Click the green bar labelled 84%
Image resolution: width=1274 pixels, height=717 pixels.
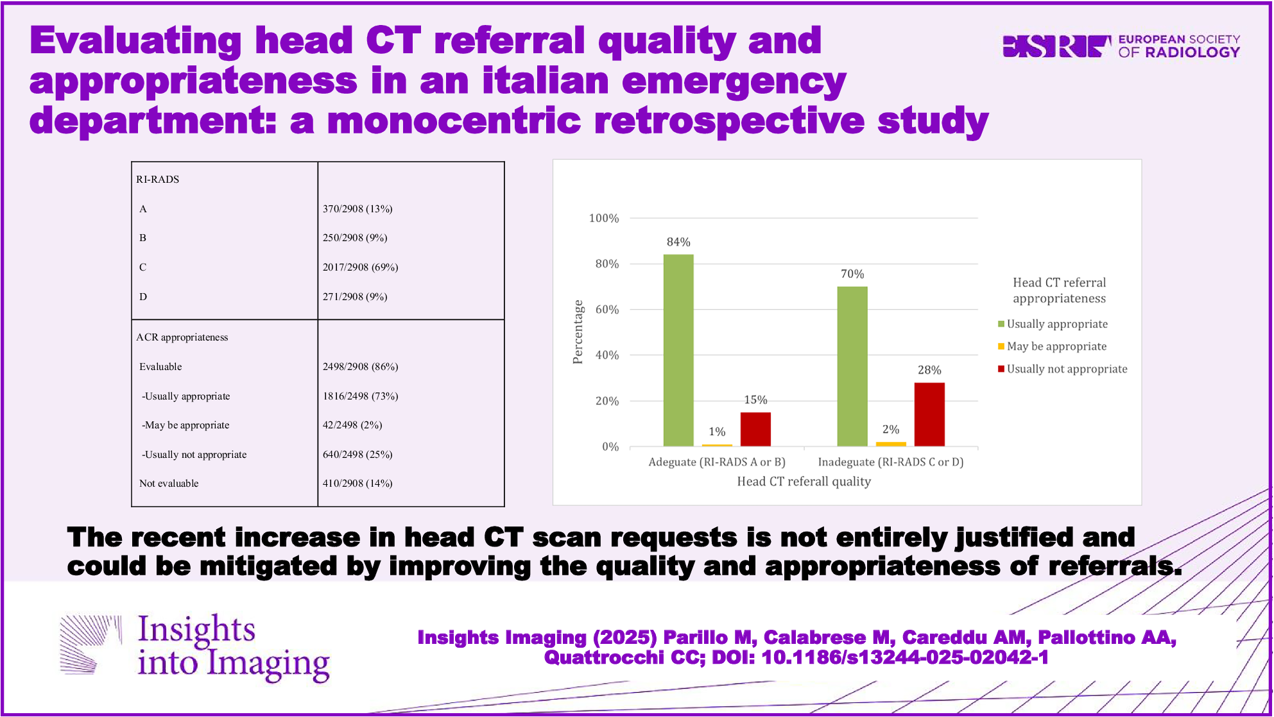click(x=678, y=350)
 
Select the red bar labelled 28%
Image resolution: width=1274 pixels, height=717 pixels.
click(x=929, y=414)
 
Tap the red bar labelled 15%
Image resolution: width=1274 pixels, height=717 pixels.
click(x=755, y=429)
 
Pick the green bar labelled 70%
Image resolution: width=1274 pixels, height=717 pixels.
click(x=852, y=366)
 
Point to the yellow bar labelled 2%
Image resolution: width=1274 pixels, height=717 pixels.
click(x=891, y=444)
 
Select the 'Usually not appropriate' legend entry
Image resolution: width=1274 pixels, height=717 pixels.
click(x=1066, y=369)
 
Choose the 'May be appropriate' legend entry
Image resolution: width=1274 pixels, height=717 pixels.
click(x=1056, y=346)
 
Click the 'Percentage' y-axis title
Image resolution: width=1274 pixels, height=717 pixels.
click(x=578, y=332)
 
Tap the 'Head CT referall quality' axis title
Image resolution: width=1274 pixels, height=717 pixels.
click(x=804, y=482)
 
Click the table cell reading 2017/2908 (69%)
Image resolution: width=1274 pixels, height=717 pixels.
click(x=360, y=267)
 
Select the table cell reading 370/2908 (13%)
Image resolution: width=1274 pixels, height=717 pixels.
click(x=357, y=208)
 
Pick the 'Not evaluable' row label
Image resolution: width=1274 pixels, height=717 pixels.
click(x=169, y=484)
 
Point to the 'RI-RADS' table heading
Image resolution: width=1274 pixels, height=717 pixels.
click(x=158, y=179)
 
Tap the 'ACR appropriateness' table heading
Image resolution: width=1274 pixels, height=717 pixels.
click(x=182, y=337)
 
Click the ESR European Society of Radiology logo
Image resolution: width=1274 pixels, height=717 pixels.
click(x=1121, y=46)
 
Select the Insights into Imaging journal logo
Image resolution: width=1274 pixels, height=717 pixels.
click(x=195, y=646)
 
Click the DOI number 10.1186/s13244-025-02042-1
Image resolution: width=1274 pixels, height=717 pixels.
click(x=905, y=657)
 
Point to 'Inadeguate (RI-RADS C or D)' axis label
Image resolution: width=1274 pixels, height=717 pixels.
click(x=891, y=462)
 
